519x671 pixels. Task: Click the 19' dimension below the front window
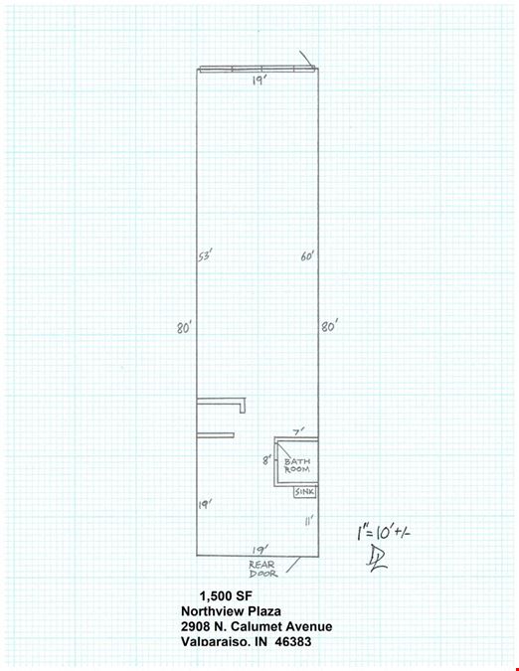point(259,81)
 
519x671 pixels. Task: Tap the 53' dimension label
point(205,255)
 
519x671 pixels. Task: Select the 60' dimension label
point(307,255)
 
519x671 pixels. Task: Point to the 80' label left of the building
point(184,328)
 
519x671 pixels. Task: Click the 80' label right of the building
point(330,326)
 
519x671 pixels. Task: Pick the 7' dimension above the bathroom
point(299,431)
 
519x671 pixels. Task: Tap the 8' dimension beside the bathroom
point(267,460)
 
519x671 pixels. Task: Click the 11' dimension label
point(309,520)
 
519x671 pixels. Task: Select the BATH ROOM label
point(297,465)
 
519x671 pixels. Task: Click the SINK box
point(304,492)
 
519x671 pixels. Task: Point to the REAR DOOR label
point(263,570)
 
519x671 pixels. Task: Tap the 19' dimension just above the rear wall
point(260,550)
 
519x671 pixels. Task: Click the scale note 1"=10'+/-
point(384,532)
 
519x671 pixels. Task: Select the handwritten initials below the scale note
point(377,560)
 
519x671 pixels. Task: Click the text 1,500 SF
point(226,595)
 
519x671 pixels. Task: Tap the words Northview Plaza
point(231,611)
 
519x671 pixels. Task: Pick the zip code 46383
point(293,641)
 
